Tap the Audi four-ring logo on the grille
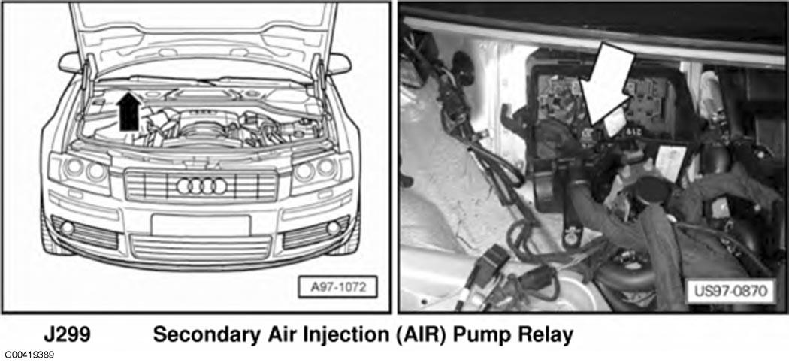click(202, 186)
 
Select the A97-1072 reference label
click(337, 288)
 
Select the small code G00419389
click(27, 355)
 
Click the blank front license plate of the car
click(201, 225)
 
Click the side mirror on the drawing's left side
click(70, 63)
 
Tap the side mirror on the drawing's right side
click(340, 64)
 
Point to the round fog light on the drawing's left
click(67, 228)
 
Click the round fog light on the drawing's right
click(333, 228)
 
